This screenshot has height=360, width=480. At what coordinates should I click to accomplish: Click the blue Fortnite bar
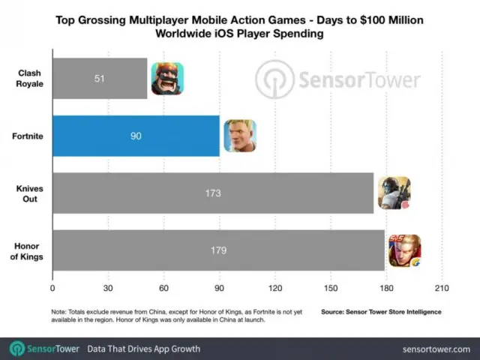(136, 136)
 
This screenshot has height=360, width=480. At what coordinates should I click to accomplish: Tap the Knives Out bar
(213, 193)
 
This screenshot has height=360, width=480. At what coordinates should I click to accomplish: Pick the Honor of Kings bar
(218, 250)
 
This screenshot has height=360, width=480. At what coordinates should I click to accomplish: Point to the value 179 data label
(218, 250)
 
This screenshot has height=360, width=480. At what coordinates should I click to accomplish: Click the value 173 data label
(212, 193)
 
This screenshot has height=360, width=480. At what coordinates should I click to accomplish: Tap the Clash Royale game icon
(166, 78)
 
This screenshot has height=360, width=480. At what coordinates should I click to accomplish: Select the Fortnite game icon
(239, 136)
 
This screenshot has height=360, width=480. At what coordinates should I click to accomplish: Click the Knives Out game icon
(394, 193)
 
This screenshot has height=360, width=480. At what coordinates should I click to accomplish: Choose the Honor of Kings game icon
(404, 250)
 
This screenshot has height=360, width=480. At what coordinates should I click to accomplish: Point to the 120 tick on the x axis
(274, 287)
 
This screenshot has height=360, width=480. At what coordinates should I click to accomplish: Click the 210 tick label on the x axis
(441, 287)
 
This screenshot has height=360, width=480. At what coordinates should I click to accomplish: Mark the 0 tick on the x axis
(52, 287)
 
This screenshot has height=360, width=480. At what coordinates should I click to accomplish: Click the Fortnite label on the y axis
(27, 136)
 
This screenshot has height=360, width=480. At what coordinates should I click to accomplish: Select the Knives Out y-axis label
(27, 193)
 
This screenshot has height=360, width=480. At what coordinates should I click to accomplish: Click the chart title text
(240, 26)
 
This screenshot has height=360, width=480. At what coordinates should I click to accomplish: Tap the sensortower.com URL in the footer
(435, 349)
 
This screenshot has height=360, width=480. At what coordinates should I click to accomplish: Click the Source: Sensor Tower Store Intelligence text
(381, 311)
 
